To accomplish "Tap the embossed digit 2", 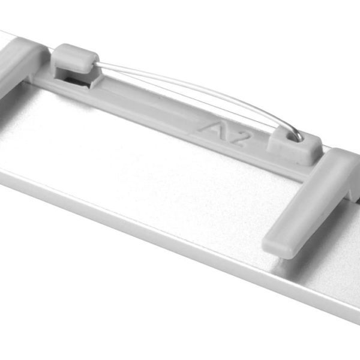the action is pos(239,139).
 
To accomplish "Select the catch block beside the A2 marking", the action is pos(295,147).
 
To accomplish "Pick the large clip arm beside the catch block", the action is pos(311,202).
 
